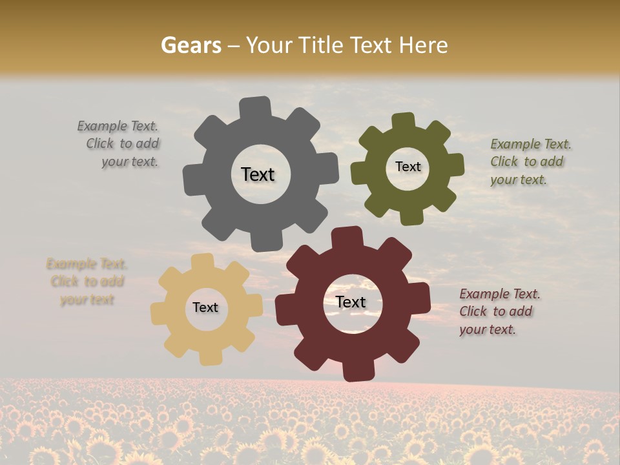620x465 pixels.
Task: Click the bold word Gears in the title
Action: coord(191,45)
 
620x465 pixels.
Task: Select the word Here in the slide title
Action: coord(422,45)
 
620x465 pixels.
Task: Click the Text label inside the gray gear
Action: coord(258,174)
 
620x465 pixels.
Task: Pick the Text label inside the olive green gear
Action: coord(408,167)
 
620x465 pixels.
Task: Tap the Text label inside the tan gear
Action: coord(205,307)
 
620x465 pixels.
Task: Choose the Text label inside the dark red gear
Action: coord(351,302)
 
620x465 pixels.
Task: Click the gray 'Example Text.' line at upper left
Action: coord(118,126)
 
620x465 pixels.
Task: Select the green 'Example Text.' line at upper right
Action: coord(531,144)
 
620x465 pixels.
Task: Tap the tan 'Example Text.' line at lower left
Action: coord(87,264)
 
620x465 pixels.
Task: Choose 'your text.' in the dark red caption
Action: coord(488,329)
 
